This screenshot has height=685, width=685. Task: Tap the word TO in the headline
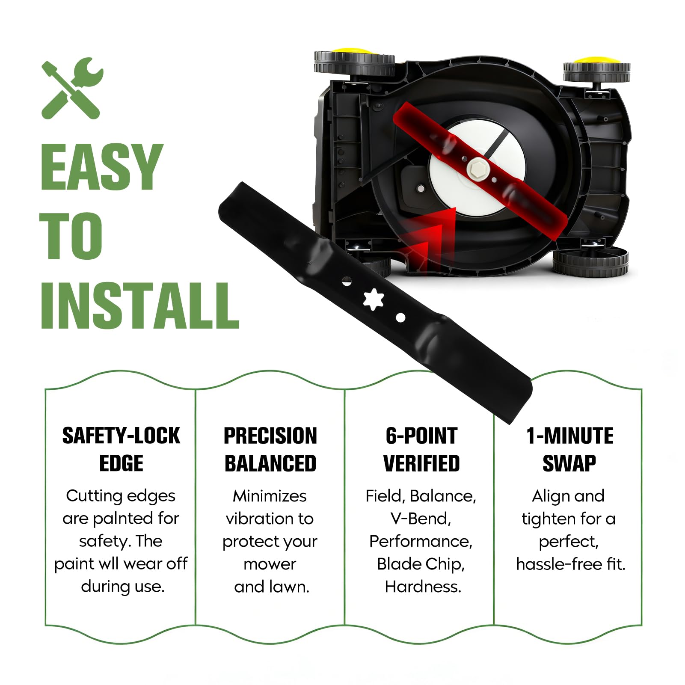[x=71, y=235]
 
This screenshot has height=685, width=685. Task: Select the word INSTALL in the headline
[x=139, y=305]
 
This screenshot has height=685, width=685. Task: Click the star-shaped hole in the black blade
[x=374, y=299]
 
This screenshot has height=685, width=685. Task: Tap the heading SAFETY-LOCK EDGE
[x=121, y=449]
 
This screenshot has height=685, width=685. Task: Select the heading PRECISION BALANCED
[x=270, y=449]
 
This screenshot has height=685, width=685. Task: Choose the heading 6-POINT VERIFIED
[x=421, y=449]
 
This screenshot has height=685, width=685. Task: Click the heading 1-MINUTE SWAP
[x=569, y=449]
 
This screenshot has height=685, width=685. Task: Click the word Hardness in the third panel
[x=422, y=587]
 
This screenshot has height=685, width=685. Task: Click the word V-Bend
[x=421, y=519]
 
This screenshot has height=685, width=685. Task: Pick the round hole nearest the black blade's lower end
[x=400, y=318]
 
